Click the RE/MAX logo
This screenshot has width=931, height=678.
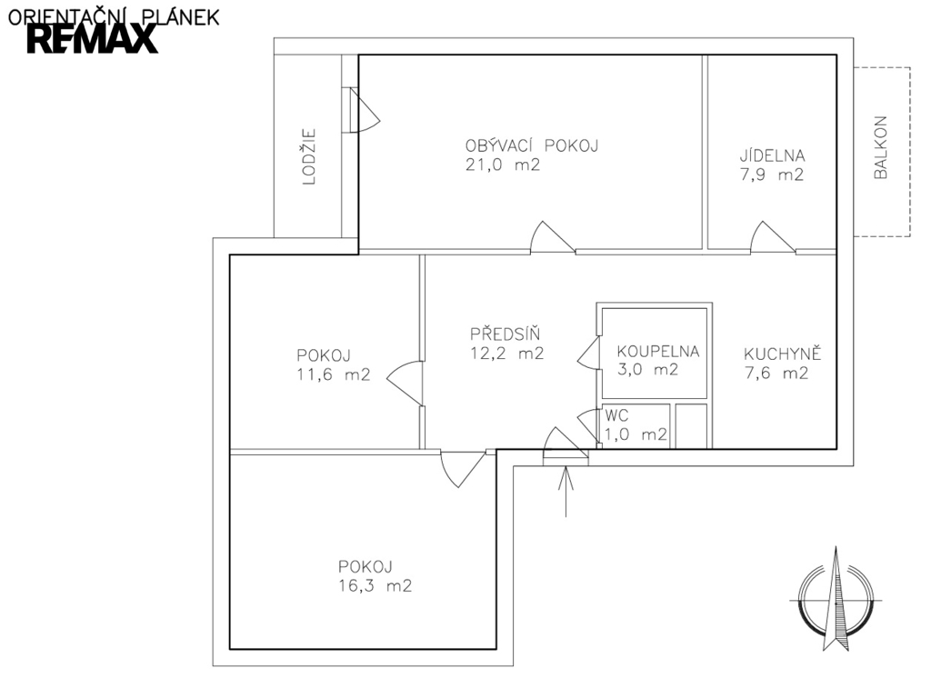point(93,40)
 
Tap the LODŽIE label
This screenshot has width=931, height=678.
point(309,156)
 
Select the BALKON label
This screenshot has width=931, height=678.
point(880,147)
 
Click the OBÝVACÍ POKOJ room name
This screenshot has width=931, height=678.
point(531,145)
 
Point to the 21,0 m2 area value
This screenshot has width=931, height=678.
point(502,165)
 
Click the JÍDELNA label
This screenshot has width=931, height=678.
point(772,155)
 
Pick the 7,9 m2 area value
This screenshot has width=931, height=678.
point(772,175)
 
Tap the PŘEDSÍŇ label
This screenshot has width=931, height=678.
point(505,333)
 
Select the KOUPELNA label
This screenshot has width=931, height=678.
point(658,352)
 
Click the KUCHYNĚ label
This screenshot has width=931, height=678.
point(782,354)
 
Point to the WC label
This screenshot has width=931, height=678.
point(616,415)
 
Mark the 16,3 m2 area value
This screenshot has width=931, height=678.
point(375,586)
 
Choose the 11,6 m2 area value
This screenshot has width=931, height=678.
point(333,375)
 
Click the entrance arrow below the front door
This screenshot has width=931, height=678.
point(566,492)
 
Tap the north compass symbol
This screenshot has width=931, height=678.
point(836,599)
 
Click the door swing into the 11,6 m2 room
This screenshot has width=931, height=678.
point(405,384)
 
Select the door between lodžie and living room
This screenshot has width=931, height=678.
point(364,110)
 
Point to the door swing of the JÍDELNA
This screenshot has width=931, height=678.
point(772,237)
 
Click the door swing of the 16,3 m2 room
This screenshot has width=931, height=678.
point(463,469)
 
